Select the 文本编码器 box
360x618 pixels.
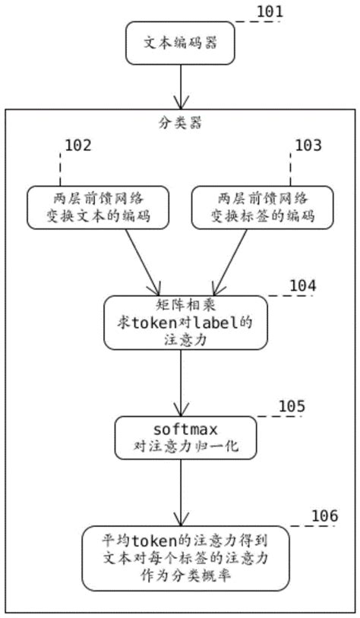tap(181, 43)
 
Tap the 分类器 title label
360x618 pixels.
tap(179, 121)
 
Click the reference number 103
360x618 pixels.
tap(307, 145)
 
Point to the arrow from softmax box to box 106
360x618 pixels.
tap(181, 489)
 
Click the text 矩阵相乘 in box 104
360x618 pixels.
tap(180, 306)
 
